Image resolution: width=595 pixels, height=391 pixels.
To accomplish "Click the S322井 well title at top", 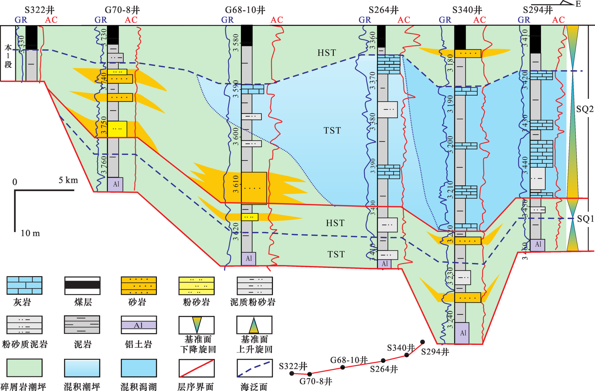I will [39, 10].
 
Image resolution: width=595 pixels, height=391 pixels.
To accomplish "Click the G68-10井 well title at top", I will [245, 10].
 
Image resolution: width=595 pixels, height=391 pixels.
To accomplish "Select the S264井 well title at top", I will [384, 10].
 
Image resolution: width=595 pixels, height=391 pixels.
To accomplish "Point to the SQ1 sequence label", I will [585, 219].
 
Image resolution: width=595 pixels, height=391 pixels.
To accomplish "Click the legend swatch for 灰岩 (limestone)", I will [24, 285].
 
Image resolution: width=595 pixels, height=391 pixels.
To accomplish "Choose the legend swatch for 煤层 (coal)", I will [82, 285].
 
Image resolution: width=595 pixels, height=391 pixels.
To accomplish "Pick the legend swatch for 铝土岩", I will [139, 325].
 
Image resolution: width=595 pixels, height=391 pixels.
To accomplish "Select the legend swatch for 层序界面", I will [196, 368].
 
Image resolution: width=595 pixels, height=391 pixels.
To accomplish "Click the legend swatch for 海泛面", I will [254, 368].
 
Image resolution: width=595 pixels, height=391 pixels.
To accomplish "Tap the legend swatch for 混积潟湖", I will [139, 368].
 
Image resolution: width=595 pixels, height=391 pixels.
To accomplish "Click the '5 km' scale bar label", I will [68, 180].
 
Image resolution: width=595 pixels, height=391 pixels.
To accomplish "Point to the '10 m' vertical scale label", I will [30, 233].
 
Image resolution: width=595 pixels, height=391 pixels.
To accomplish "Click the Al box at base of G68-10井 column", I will [249, 259].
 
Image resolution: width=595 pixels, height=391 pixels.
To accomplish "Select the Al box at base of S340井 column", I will [462, 333].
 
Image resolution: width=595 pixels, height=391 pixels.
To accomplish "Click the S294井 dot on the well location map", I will [422, 342].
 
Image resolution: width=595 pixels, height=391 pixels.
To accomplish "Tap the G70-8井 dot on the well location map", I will [309, 374].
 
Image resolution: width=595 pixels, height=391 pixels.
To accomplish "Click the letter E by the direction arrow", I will [578, 4].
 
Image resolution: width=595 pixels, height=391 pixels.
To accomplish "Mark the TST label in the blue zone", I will [332, 131].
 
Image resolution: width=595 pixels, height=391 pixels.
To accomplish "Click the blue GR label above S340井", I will [445, 20].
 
